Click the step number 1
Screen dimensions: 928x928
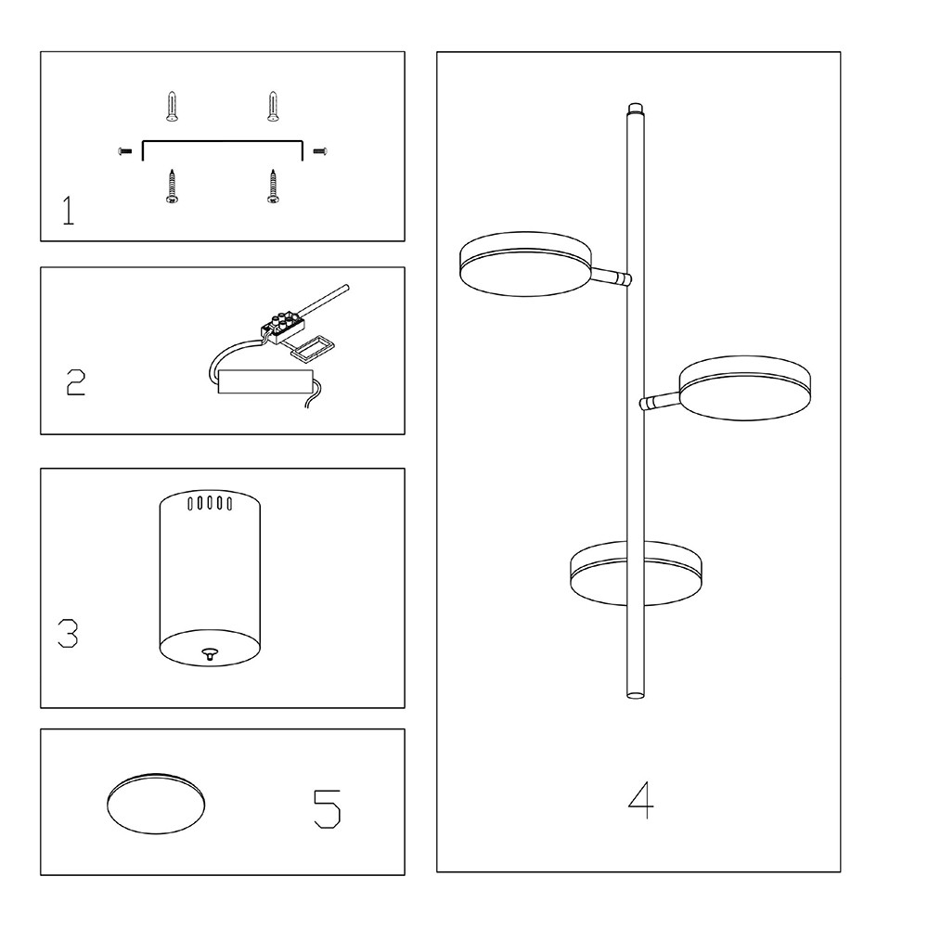(69, 212)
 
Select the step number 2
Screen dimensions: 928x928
(76, 382)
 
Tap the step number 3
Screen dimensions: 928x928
(68, 633)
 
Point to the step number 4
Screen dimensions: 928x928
(640, 800)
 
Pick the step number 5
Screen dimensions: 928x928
(327, 809)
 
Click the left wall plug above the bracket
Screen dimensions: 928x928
(172, 107)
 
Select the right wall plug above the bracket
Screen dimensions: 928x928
(273, 107)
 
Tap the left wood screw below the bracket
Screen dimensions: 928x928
(172, 187)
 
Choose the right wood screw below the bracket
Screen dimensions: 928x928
(273, 187)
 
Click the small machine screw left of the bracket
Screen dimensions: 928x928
(125, 152)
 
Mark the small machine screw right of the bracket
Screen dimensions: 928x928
(319, 152)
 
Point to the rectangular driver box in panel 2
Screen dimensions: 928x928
(265, 381)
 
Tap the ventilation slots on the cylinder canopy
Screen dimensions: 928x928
(210, 503)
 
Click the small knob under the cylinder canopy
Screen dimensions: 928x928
(210, 653)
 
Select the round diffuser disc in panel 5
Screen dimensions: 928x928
(156, 804)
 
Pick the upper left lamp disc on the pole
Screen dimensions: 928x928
(525, 264)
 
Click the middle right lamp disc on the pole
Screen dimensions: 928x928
(745, 388)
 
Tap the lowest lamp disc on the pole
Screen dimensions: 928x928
(636, 574)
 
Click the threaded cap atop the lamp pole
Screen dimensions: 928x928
(636, 110)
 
